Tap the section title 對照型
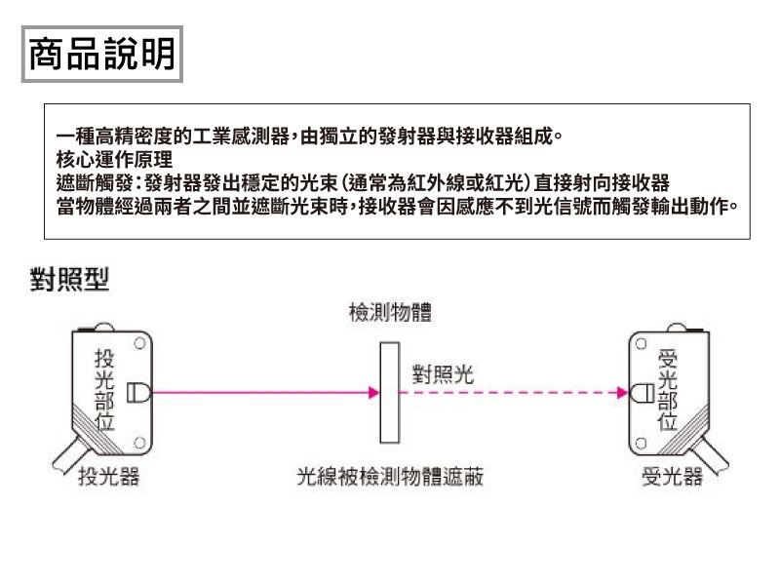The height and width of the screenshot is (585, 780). coord(67,281)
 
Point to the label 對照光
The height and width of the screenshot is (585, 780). coord(444,373)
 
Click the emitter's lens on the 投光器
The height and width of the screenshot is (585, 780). coord(137,393)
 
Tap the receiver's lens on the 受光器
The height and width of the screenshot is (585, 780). coord(643,394)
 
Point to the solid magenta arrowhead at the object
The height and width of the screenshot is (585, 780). coord(374,394)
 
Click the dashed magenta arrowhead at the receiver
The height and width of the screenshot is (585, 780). coord(624,394)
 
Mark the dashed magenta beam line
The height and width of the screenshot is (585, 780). coord(507,394)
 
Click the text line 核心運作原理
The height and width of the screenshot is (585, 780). coord(115,157)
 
